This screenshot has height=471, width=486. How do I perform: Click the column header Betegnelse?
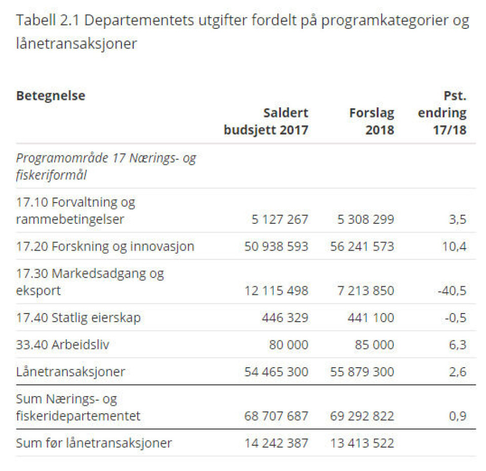pos(51,96)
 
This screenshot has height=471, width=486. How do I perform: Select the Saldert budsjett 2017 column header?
pos(266,121)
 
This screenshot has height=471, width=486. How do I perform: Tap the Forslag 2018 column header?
pos(371,121)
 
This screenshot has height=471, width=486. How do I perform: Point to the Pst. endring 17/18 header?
pos(442,113)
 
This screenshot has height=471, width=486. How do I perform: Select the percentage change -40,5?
pos(451,291)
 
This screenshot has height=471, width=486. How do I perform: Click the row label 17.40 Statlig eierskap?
pos(78,318)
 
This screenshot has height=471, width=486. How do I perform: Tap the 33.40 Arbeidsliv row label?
pos(63,345)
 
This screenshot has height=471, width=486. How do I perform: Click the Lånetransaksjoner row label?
pos(70,372)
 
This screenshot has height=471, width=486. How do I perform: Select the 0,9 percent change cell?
pos(457,416)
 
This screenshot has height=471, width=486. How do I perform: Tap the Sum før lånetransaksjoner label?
pos(94,443)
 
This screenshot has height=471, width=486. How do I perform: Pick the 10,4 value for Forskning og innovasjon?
pos(453,247)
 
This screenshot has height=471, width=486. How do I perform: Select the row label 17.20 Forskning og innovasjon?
pos(105,247)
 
